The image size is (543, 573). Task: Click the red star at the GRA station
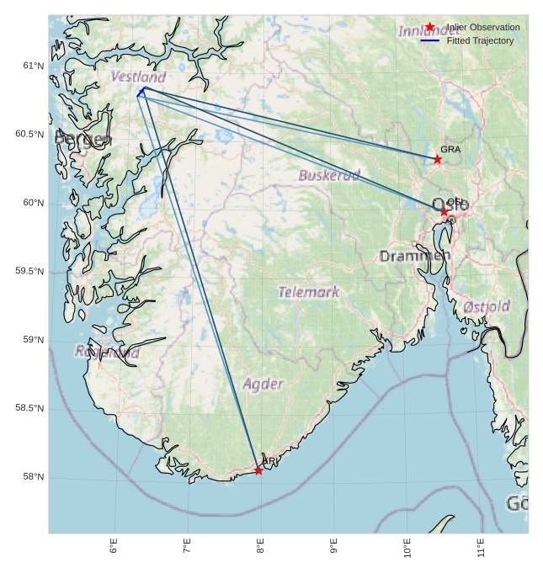(x=437, y=159)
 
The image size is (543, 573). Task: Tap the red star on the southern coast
(x=258, y=470)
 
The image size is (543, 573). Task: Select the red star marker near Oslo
(x=444, y=211)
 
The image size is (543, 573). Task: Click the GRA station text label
(x=450, y=149)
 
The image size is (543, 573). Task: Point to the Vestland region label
(x=138, y=77)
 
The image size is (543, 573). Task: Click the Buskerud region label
(x=329, y=175)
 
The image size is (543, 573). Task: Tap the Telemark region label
(x=309, y=292)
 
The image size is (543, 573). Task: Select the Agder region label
(x=264, y=384)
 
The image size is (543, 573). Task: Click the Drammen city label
(x=415, y=256)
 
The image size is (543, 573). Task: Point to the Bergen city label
(x=83, y=139)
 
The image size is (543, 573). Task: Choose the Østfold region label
(x=487, y=306)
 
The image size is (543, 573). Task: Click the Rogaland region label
(x=107, y=352)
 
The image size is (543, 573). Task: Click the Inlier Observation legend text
(x=483, y=27)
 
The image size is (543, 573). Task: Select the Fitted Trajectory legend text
(x=480, y=40)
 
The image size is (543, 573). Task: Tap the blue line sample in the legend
(x=430, y=40)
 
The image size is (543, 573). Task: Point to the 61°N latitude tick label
(x=33, y=66)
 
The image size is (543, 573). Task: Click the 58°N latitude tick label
(x=33, y=477)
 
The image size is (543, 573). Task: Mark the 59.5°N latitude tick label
(x=29, y=271)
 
